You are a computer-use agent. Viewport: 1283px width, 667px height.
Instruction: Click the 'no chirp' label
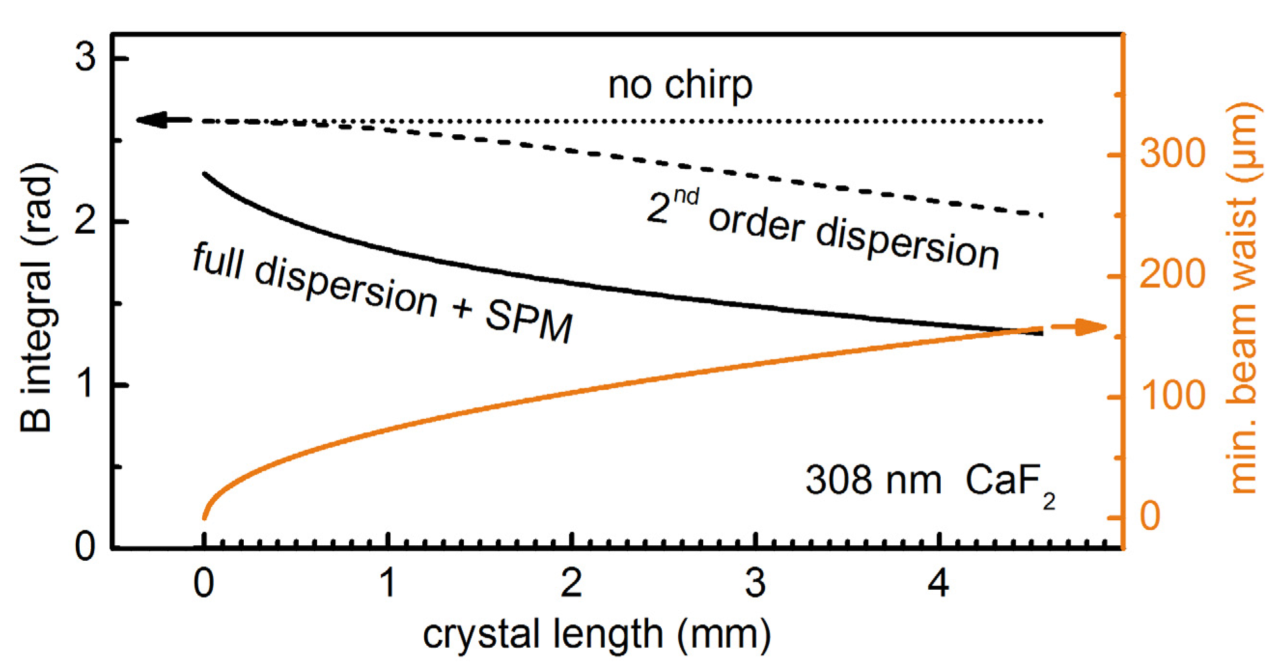click(680, 86)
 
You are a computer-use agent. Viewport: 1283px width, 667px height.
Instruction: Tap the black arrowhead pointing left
click(153, 120)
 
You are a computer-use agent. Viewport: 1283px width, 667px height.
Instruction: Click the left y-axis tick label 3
click(85, 57)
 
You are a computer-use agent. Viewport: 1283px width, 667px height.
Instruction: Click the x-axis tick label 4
click(938, 583)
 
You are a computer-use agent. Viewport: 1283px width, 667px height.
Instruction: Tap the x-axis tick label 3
click(755, 583)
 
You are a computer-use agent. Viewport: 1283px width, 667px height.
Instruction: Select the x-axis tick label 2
click(572, 583)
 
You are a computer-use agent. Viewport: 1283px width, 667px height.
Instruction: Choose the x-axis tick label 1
click(388, 583)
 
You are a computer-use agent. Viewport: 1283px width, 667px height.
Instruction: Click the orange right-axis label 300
click(1172, 153)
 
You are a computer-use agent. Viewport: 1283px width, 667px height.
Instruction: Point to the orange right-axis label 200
click(1172, 274)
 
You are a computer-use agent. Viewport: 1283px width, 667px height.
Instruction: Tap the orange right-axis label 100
click(1172, 395)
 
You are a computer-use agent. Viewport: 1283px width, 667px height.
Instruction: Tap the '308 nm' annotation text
click(873, 480)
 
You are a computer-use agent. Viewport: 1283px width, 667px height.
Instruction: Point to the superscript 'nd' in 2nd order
click(686, 197)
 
